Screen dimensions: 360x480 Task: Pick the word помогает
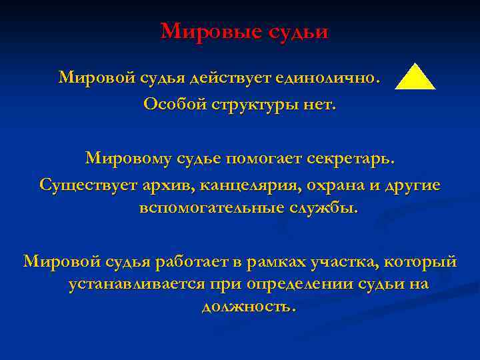[x=266, y=159]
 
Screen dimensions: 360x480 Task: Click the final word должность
[x=247, y=307]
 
